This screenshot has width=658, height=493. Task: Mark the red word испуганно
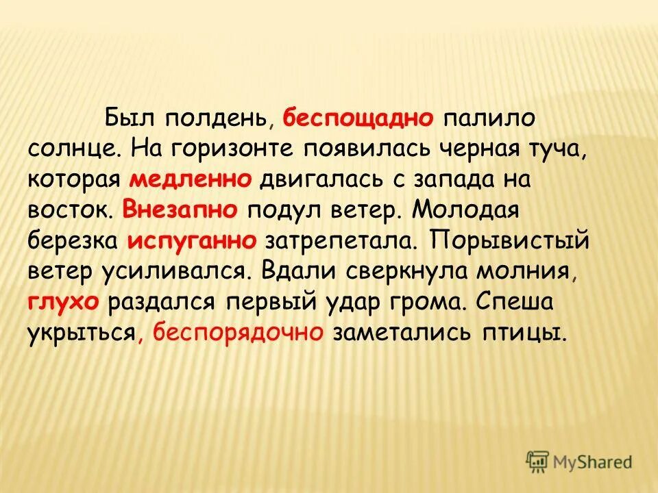point(192,240)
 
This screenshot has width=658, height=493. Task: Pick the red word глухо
point(64,302)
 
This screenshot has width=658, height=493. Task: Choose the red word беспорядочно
point(239,333)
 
